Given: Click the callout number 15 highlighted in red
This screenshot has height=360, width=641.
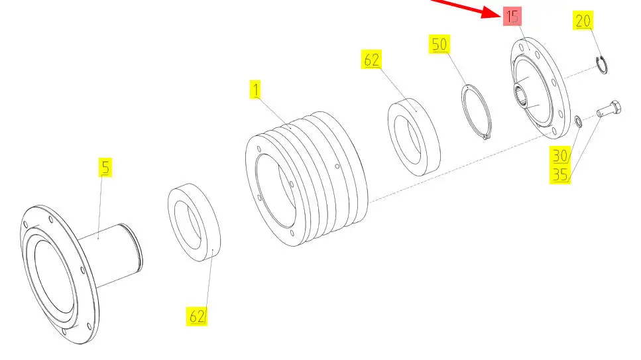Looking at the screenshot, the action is [512, 17].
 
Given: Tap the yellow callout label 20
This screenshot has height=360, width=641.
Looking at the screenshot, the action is [583, 21].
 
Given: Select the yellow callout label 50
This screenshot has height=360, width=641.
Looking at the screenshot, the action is [439, 44].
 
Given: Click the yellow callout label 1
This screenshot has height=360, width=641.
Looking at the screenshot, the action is [255, 90].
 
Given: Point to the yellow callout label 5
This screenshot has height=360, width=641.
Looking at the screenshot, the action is [105, 167].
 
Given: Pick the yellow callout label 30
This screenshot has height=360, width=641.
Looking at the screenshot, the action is [559, 155].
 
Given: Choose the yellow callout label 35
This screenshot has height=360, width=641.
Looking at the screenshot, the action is [559, 174].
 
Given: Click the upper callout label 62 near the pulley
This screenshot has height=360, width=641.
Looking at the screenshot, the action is [371, 60].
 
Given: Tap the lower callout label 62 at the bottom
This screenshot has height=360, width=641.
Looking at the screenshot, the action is [197, 316].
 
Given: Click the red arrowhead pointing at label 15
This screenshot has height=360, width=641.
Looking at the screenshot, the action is [491, 13].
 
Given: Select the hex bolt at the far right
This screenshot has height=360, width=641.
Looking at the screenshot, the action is [609, 109].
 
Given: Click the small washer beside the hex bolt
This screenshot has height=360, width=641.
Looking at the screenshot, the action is [579, 121].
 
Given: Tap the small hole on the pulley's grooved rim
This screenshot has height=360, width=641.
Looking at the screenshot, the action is [337, 166].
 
